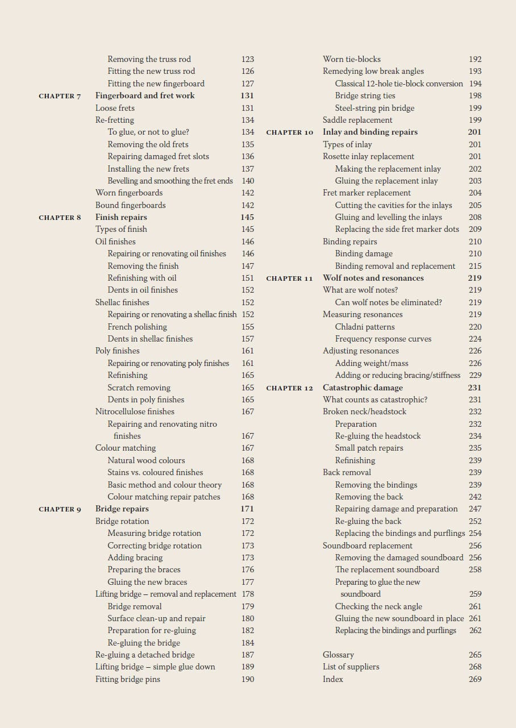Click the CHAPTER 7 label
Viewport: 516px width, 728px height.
(x=60, y=96)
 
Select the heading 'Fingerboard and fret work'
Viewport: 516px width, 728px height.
(x=145, y=95)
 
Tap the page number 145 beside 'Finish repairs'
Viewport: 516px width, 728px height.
(x=247, y=217)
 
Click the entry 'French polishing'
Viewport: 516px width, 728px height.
(x=137, y=327)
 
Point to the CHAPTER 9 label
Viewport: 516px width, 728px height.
(x=60, y=509)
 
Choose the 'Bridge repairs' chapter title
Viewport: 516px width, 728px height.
(x=122, y=509)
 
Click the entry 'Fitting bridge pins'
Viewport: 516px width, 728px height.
(x=127, y=679)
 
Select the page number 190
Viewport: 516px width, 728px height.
(x=247, y=679)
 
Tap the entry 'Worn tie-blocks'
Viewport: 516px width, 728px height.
(x=351, y=59)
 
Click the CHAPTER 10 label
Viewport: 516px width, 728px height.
(x=289, y=132)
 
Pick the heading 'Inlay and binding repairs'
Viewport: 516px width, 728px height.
(x=370, y=132)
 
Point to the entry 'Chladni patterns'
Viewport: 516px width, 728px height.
(x=364, y=327)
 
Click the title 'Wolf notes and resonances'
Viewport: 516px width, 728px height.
(x=373, y=278)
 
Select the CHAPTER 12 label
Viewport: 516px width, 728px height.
(x=289, y=388)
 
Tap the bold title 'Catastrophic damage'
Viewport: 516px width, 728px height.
(x=363, y=388)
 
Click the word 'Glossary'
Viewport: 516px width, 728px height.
(x=338, y=655)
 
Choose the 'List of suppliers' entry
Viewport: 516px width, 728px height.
(x=351, y=667)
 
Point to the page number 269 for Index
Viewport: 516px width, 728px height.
(x=475, y=679)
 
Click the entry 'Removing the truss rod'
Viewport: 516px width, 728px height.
(x=149, y=59)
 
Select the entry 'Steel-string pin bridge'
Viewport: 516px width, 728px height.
(x=374, y=108)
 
